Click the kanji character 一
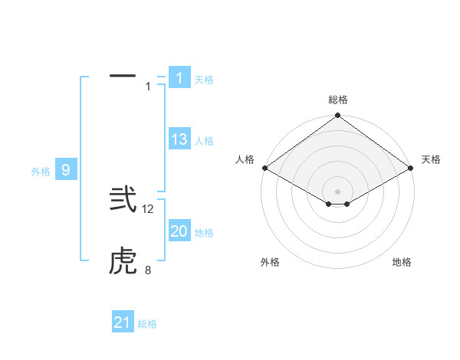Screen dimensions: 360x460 (x=123, y=77)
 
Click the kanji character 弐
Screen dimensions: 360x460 (x=123, y=199)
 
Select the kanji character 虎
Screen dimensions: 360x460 (x=123, y=263)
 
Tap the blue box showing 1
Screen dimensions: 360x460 (x=179, y=77)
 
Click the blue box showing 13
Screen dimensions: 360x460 (x=179, y=139)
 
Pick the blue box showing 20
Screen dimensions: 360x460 (x=179, y=231)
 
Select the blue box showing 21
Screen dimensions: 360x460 (x=123, y=322)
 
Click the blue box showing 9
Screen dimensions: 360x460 (x=66, y=170)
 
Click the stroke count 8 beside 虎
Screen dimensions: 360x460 (x=148, y=270)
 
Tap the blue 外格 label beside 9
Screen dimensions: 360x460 (x=41, y=172)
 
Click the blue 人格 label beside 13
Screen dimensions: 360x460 (x=204, y=141)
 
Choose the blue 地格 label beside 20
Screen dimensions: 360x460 (x=204, y=233)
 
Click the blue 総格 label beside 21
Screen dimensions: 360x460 (x=147, y=324)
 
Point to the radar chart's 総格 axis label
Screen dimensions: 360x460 (x=338, y=100)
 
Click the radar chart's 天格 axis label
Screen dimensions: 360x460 (x=431, y=159)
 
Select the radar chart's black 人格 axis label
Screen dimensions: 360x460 (x=245, y=159)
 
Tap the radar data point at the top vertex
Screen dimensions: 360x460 (x=338, y=116)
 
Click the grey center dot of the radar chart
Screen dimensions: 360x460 (x=338, y=191)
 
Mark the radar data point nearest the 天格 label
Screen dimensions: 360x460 (x=412, y=168)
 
